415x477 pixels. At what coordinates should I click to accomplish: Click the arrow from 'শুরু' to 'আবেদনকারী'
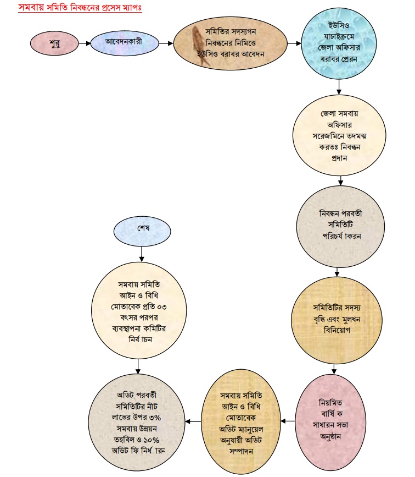pos(85,42)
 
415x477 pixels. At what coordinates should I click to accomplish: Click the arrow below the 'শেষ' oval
pos(142,253)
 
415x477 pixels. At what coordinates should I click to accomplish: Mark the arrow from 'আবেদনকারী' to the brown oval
pos(166,42)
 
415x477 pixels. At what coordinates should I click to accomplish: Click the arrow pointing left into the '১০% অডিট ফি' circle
pos(190,422)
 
